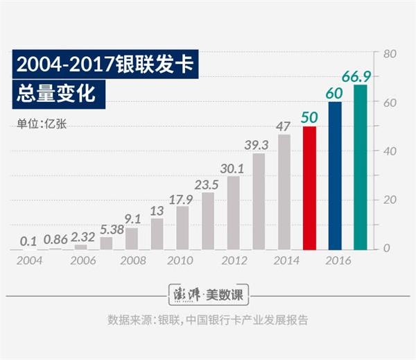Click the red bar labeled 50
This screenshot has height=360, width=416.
[x=309, y=187]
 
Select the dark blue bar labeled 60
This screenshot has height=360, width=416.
[x=335, y=175]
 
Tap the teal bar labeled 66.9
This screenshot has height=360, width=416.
[x=361, y=167]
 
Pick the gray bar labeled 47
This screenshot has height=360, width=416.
[x=284, y=191]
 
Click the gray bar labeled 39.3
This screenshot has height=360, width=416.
[x=259, y=201]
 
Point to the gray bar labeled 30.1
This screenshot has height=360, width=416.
[x=234, y=212]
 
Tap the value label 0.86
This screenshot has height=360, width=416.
[x=55, y=240]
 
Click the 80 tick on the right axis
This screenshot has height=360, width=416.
[x=390, y=53]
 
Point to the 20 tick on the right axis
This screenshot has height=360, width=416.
[x=390, y=200]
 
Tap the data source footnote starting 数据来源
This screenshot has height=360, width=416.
[x=207, y=320]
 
